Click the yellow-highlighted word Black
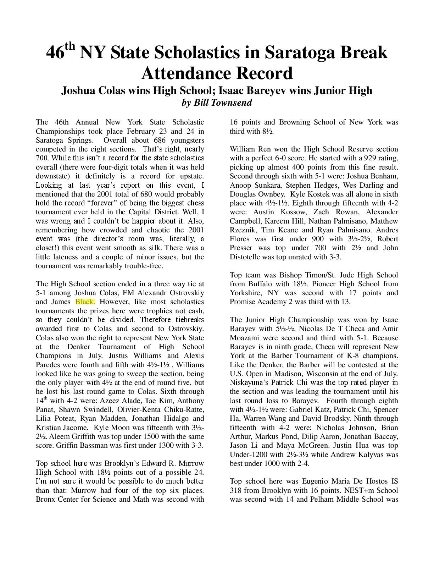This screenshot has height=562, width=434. pyautogui.click(x=85, y=302)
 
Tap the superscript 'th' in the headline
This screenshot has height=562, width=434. pyautogui.click(x=70, y=47)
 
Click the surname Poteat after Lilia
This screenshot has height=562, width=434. pyautogui.click(x=64, y=419)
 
